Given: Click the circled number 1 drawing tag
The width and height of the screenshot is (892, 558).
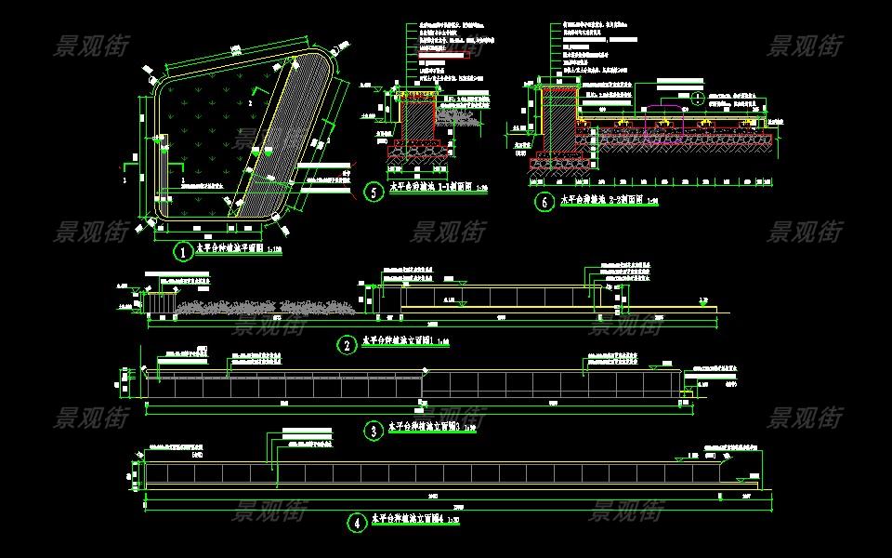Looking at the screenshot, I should click(x=185, y=251).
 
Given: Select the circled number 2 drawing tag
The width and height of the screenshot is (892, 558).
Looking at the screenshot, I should click(x=347, y=345).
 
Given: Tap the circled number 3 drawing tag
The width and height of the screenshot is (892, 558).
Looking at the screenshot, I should click(x=372, y=431).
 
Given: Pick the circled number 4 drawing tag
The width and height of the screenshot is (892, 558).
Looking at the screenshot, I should click(x=357, y=524).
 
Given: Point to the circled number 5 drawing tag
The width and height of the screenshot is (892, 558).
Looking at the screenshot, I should click(x=374, y=193).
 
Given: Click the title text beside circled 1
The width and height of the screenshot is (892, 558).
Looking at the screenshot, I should click(x=232, y=249).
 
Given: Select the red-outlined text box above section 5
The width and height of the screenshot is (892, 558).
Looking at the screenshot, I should click(x=441, y=57).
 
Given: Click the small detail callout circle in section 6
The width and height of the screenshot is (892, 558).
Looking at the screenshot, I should click(x=697, y=97).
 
